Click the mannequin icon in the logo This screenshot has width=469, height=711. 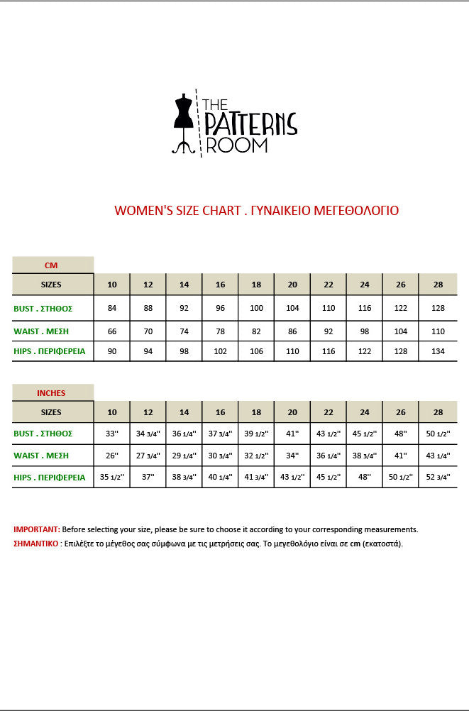pyautogui.click(x=184, y=122)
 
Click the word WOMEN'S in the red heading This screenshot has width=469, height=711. pyautogui.click(x=139, y=211)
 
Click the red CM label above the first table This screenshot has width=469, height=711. pyautogui.click(x=51, y=265)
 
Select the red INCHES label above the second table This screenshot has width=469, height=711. pyautogui.click(x=51, y=392)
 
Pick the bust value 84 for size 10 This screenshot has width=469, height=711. pyautogui.click(x=112, y=309)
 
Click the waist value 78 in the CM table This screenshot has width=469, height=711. pyautogui.click(x=221, y=331)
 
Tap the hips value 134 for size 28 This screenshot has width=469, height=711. pyautogui.click(x=438, y=351)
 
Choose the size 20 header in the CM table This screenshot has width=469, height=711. pyautogui.click(x=292, y=285)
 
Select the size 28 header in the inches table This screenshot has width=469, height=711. pyautogui.click(x=438, y=412)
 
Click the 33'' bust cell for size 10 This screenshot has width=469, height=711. pyautogui.click(x=112, y=434)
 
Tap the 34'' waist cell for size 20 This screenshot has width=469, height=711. pyautogui.click(x=292, y=456)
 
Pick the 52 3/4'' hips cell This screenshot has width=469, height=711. pyautogui.click(x=438, y=478)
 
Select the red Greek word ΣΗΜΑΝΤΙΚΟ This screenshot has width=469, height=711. pyautogui.click(x=36, y=544)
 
